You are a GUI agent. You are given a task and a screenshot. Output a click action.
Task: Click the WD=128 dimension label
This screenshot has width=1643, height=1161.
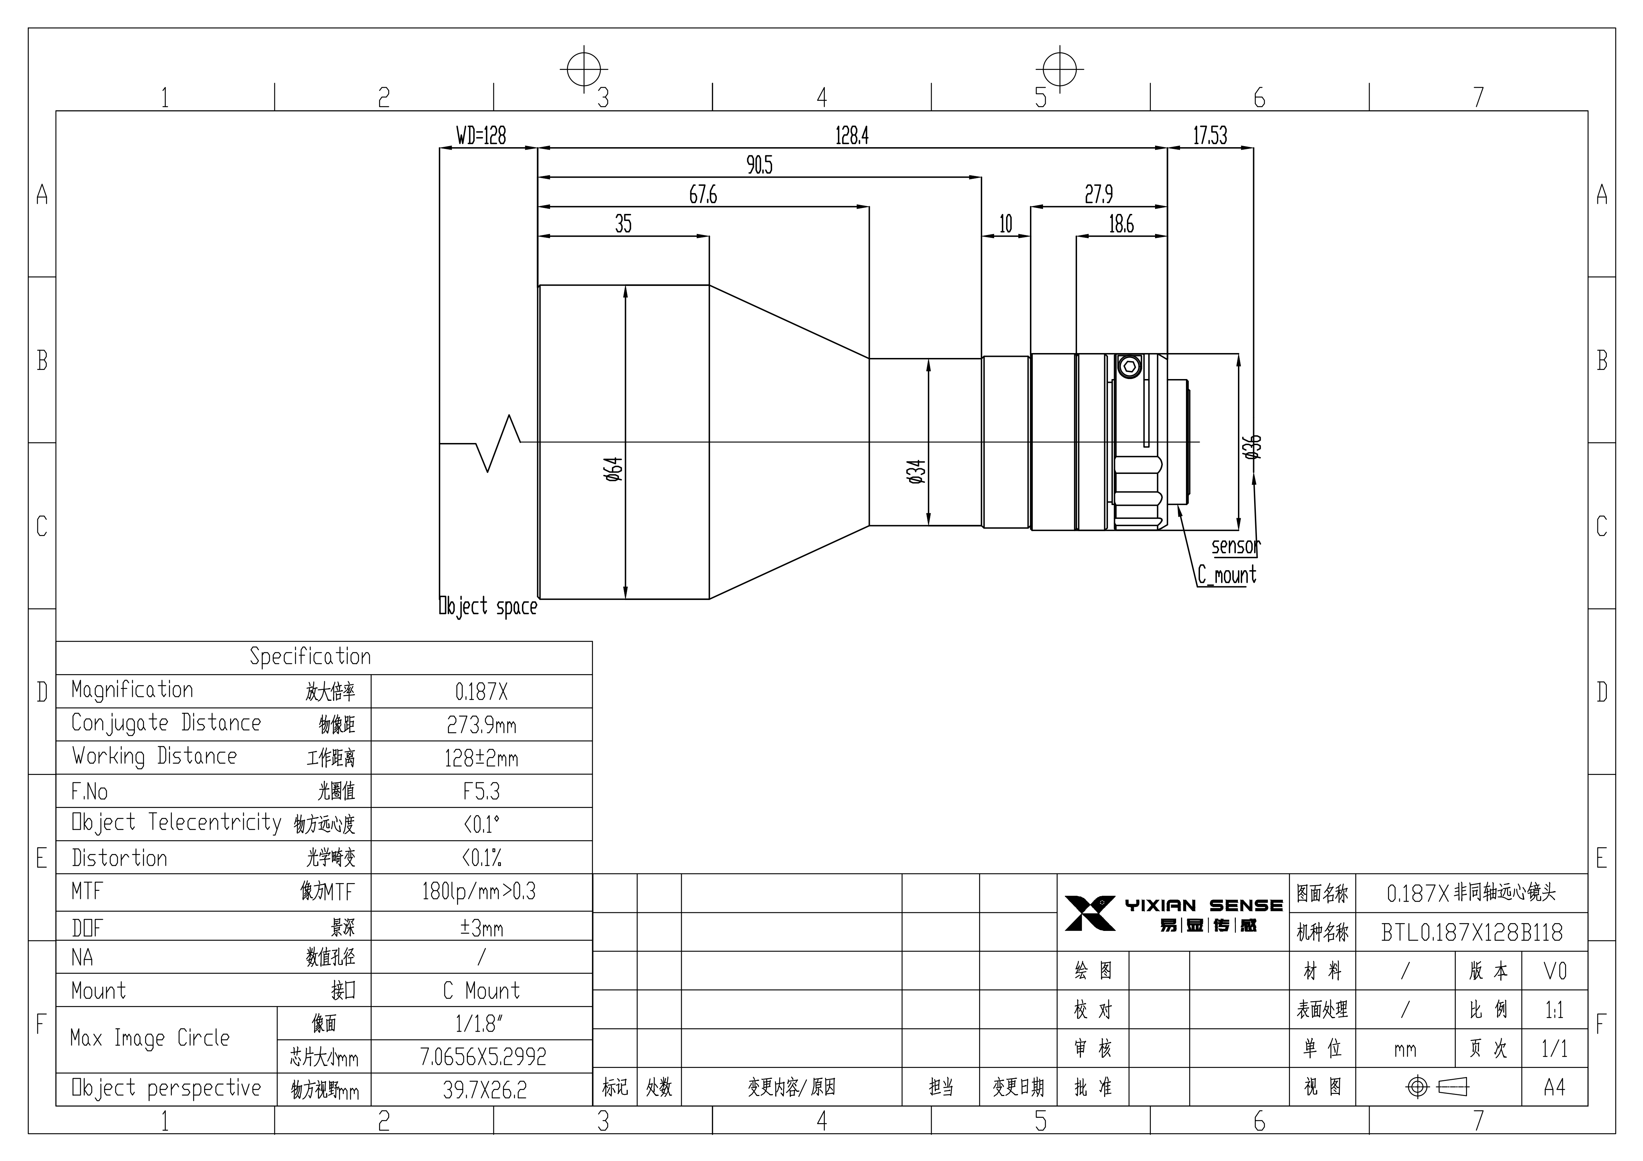(481, 135)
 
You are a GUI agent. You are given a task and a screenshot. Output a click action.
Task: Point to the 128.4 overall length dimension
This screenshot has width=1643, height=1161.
(852, 135)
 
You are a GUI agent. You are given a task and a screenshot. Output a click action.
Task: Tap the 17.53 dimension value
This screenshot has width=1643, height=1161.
(1210, 135)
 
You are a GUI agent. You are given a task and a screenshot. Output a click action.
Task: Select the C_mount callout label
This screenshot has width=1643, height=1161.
(1226, 575)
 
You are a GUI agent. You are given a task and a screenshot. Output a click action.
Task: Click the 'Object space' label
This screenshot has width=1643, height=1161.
(488, 607)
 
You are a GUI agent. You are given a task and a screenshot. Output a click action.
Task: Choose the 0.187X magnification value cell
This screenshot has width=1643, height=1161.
(482, 691)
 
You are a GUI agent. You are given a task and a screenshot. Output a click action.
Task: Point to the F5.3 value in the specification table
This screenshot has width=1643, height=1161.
(482, 791)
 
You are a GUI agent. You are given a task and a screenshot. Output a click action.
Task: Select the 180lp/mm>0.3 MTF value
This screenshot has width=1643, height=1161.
(479, 891)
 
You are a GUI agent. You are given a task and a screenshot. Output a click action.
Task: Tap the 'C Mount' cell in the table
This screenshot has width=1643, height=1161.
(482, 991)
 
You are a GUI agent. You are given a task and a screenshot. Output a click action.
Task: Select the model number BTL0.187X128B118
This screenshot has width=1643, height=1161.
(1472, 932)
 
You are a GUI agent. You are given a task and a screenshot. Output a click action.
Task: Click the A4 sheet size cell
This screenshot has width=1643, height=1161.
(1554, 1087)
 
